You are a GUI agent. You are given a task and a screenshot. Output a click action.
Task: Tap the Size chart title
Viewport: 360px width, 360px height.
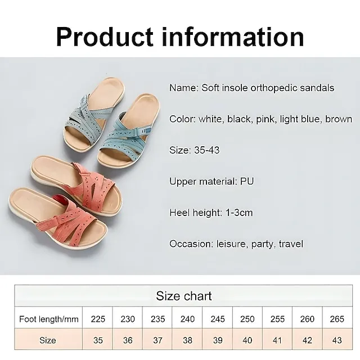(x=183, y=295)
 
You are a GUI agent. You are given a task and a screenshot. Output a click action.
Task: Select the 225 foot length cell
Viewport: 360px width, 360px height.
(x=98, y=319)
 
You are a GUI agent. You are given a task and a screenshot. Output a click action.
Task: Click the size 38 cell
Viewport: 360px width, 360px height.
(x=187, y=340)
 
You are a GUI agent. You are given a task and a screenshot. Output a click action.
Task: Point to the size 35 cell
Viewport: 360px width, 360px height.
(x=98, y=340)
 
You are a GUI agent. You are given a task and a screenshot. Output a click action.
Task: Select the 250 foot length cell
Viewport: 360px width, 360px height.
(x=247, y=319)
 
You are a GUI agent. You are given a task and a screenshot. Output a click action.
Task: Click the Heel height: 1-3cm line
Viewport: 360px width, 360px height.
(x=211, y=213)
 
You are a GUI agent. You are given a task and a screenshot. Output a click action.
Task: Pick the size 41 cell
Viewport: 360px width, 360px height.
(x=277, y=340)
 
